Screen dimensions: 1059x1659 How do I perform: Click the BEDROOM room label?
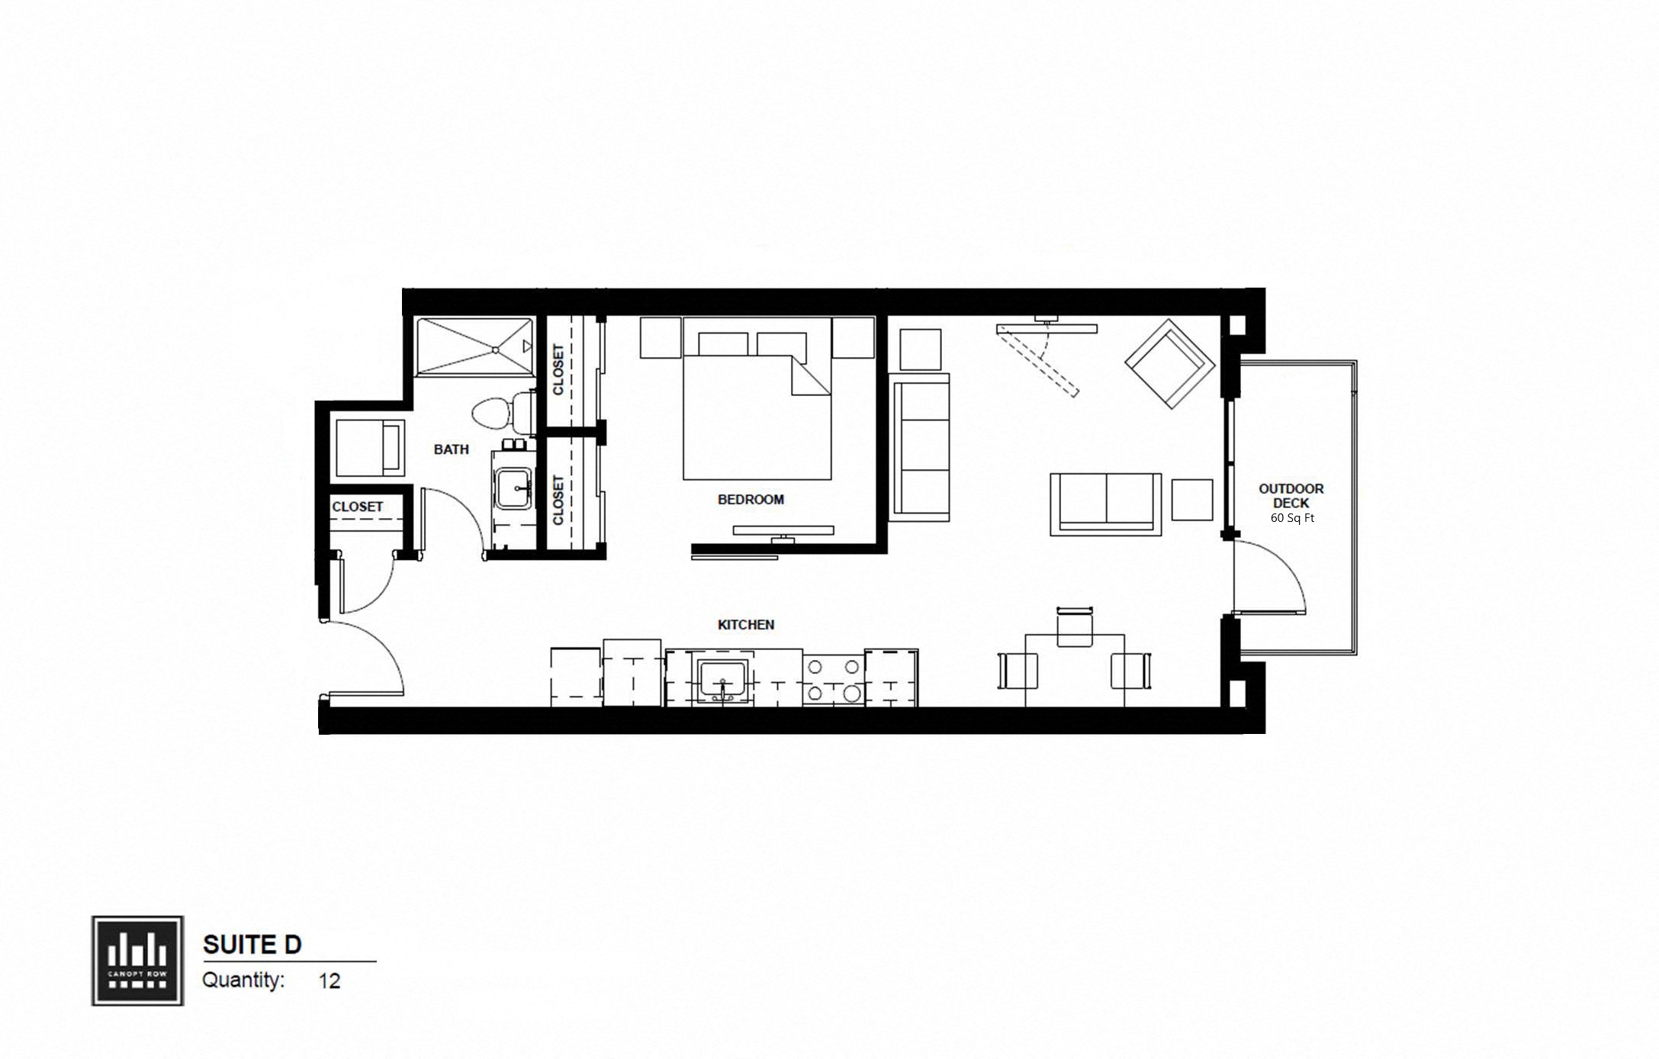coord(751,500)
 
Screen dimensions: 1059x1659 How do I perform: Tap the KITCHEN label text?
coord(746,625)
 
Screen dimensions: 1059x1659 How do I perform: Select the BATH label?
coord(451,449)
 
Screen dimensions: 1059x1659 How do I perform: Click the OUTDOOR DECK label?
coord(1291,496)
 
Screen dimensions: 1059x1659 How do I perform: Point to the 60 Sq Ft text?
coord(1292,518)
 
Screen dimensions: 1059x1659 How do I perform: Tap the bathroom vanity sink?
coord(515,488)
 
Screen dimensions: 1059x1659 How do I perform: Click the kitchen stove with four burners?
coord(833,680)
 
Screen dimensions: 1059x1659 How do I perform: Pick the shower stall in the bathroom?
coord(474,347)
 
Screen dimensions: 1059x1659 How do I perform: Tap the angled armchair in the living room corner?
coord(1169,364)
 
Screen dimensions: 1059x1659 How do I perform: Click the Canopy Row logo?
coord(137,961)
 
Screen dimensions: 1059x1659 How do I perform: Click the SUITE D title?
coord(252,945)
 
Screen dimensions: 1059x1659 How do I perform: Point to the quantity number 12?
coord(330,980)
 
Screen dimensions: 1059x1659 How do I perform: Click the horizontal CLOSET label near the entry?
coord(357,507)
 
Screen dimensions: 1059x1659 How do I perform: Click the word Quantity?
coord(243,980)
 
